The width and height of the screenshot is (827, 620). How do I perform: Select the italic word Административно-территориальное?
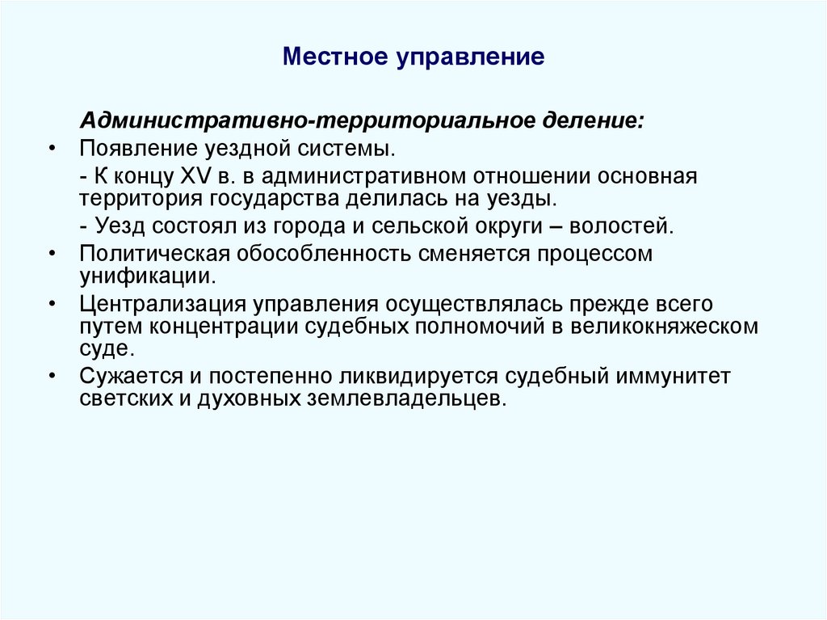[302, 121]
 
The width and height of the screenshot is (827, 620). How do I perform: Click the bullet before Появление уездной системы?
[52, 149]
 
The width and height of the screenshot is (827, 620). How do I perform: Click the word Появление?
[134, 149]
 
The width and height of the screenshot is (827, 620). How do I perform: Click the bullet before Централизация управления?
[52, 306]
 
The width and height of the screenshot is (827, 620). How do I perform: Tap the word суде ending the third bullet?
[103, 348]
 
